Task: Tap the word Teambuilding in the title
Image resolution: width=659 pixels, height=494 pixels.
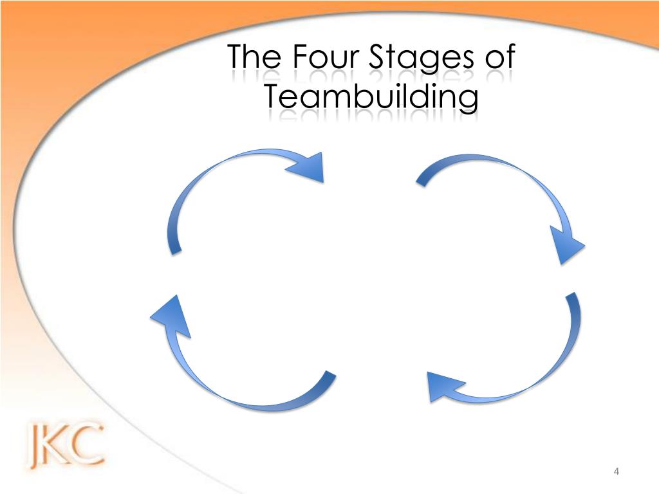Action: tap(372, 98)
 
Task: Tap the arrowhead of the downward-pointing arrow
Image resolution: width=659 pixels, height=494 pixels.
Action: tap(568, 246)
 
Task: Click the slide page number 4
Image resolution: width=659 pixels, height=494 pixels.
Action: tap(617, 473)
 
